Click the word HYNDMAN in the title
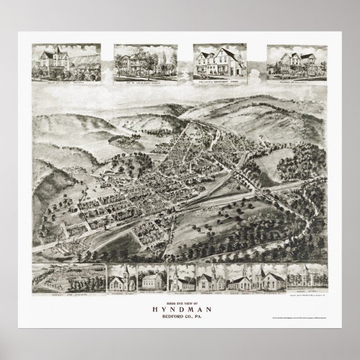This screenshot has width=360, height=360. pos(179,306)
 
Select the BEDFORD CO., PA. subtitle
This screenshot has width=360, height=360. pos(179,314)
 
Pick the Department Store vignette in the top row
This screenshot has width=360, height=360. pos(216,64)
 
